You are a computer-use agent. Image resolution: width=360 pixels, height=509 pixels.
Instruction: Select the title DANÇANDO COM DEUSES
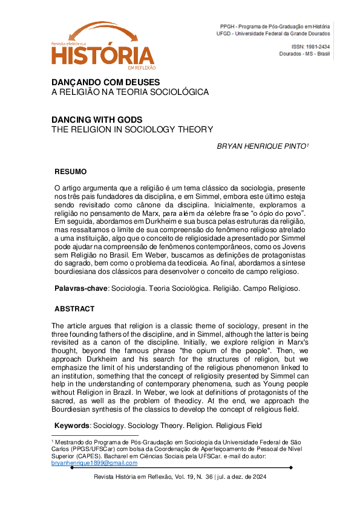pyautogui.click(x=105, y=82)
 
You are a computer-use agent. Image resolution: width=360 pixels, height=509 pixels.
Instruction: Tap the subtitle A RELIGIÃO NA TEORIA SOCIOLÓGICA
pyautogui.click(x=129, y=92)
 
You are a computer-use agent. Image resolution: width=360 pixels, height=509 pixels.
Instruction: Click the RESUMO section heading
pyautogui.click(x=71, y=171)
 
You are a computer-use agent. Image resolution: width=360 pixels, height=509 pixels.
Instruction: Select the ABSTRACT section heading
pyautogui.click(x=74, y=308)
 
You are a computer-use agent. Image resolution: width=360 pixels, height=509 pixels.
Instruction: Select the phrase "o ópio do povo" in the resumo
pyautogui.click(x=278, y=213)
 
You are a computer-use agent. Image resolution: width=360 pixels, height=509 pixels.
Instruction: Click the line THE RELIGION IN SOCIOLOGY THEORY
pyautogui.click(x=132, y=129)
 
